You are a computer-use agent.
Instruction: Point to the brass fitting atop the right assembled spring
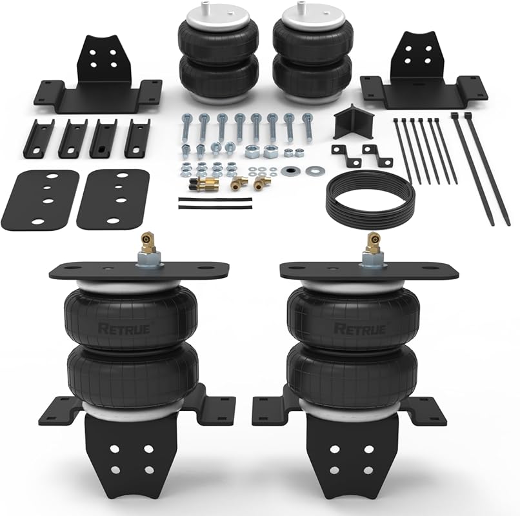pos(371,244)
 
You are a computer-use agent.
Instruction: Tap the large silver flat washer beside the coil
pos(315,171)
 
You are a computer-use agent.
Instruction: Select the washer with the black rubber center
pos(290,172)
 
